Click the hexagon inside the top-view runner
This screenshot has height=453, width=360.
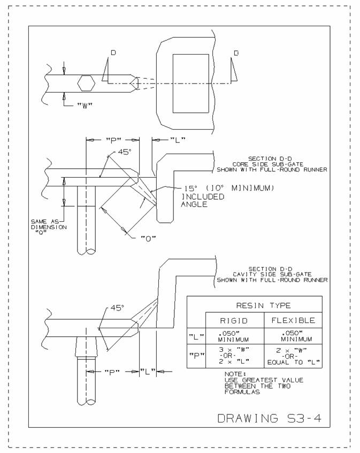tap(86, 83)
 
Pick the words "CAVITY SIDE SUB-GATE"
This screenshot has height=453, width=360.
tap(272, 274)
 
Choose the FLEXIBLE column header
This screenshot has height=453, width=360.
tap(292, 320)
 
